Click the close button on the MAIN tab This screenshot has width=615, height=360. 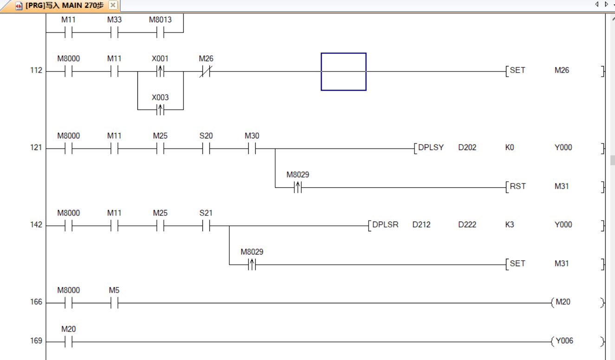(x=113, y=6)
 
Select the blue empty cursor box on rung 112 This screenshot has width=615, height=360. (x=343, y=72)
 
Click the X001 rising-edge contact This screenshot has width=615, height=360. (x=160, y=72)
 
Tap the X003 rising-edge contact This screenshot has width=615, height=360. (x=160, y=110)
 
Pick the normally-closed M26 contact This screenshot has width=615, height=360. (x=206, y=72)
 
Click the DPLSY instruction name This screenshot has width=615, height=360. (x=431, y=148)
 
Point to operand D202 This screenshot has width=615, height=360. (x=467, y=148)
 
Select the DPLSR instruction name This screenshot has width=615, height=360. (x=385, y=225)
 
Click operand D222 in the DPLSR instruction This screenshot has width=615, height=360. (x=467, y=225)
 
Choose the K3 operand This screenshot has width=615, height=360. (x=510, y=225)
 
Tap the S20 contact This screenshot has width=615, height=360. (x=206, y=149)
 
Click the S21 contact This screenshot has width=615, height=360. (x=206, y=226)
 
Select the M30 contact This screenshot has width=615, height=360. (x=252, y=149)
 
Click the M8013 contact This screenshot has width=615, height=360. (x=160, y=33)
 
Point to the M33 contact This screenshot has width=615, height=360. (x=114, y=33)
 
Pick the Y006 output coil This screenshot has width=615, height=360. (x=564, y=341)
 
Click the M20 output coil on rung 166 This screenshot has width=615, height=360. (x=563, y=302)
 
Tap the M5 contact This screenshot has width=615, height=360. (x=114, y=303)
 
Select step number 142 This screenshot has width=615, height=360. (x=36, y=225)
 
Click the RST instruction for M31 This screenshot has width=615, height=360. (x=517, y=186)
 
